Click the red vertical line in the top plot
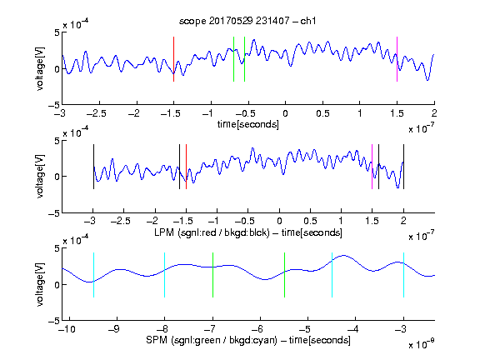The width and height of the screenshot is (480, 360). coord(173,59)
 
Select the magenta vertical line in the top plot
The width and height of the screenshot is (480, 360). coord(397,59)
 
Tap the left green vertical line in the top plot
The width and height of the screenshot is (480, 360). coord(234,59)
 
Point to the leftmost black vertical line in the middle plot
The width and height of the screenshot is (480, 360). coord(93,167)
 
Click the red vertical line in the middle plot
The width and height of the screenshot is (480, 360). coord(186,167)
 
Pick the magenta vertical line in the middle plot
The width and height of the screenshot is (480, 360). coord(372,167)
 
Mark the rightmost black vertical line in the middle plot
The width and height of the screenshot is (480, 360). coord(404,167)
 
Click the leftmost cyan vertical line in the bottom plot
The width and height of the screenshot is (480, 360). coord(93,275)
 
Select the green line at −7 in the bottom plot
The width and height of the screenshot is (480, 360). coord(212,275)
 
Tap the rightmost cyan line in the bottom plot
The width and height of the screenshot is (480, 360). coord(404,275)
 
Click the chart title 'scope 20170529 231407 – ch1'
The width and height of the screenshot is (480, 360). coord(247,21)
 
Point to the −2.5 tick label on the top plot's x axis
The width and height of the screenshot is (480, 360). coord(97,113)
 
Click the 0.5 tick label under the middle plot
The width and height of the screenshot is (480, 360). coord(310,221)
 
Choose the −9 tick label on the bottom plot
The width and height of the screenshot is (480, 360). coord(114,329)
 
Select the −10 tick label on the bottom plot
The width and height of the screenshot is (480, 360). coord(65,329)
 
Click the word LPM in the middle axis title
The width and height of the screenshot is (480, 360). coord(164,232)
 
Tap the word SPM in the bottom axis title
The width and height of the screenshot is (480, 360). coord(157,340)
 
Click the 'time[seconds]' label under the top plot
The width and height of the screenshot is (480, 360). coord(248,124)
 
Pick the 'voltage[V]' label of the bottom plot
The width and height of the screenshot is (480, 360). coord(40,284)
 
